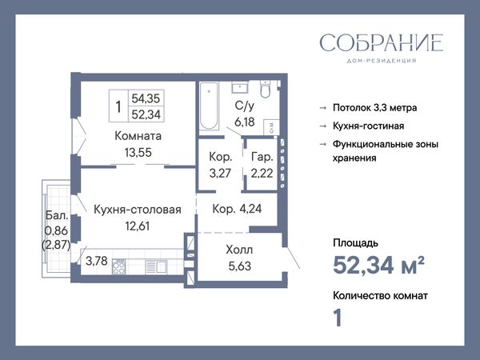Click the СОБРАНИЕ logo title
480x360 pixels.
(382, 42)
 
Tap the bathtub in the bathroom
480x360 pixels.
(209, 106)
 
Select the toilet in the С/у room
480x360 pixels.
(265, 89)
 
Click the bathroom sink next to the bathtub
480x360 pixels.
(239, 87)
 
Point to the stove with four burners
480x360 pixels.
(118, 266)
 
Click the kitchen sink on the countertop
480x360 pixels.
(156, 266)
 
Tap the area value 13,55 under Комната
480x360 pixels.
(138, 153)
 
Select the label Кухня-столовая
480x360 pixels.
(138, 210)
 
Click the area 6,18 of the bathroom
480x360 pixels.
(245, 122)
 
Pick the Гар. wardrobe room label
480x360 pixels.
(262, 157)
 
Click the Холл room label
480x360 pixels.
(239, 250)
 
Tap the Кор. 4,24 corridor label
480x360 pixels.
(237, 209)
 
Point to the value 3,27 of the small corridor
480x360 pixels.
(220, 174)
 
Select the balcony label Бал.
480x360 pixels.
(57, 215)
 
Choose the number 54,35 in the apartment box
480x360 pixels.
(146, 98)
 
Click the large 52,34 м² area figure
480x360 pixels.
(378, 265)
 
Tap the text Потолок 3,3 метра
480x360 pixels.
(375, 108)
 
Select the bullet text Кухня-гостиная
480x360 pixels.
(369, 126)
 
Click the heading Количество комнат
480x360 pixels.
(381, 296)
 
